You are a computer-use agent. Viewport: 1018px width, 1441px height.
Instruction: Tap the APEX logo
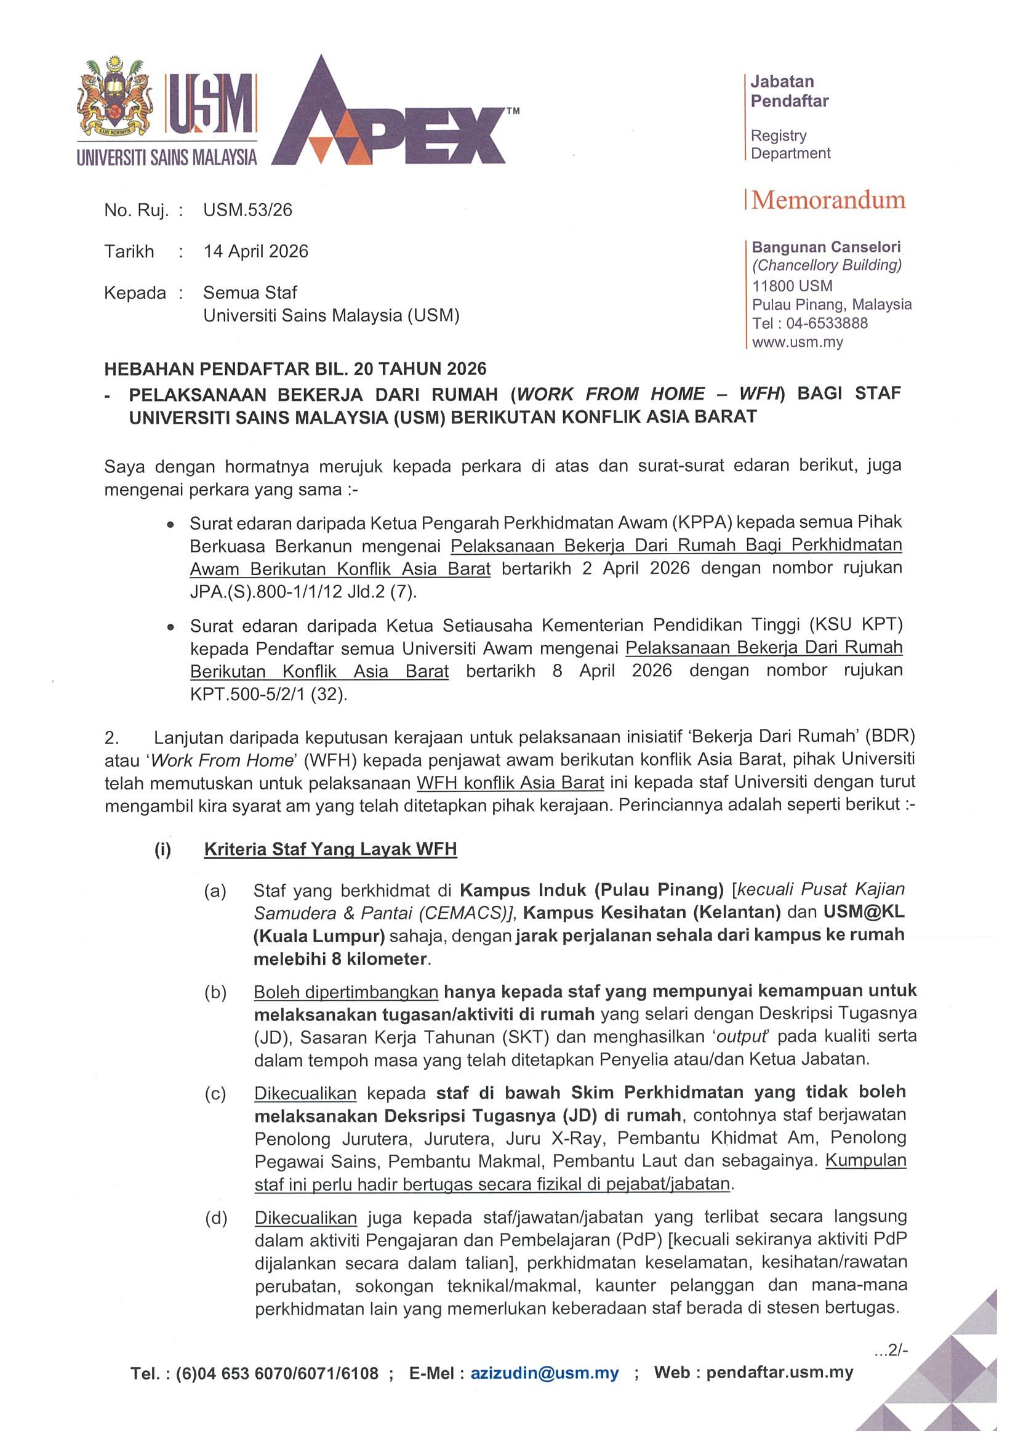(389, 116)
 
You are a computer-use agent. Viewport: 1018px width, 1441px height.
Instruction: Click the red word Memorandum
(828, 200)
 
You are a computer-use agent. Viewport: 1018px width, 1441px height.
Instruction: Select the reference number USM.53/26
(248, 210)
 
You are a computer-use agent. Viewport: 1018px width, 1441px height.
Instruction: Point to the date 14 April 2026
(255, 252)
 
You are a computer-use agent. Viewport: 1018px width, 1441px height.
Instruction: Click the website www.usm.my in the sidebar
(797, 342)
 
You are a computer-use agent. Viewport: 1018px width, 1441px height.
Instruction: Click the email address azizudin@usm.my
(545, 1373)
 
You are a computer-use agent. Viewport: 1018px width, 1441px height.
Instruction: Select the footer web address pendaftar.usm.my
(779, 1372)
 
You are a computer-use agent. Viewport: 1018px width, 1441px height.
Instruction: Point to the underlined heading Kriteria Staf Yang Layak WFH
(331, 849)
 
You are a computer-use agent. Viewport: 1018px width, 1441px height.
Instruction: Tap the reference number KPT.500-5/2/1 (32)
(268, 695)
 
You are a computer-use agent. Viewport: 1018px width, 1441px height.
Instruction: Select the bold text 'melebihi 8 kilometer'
(340, 959)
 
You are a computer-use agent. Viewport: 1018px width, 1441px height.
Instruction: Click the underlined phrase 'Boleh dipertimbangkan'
(346, 992)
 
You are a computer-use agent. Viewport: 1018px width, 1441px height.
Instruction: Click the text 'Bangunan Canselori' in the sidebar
(826, 248)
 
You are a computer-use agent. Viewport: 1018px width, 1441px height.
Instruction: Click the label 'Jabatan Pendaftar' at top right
(789, 91)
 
